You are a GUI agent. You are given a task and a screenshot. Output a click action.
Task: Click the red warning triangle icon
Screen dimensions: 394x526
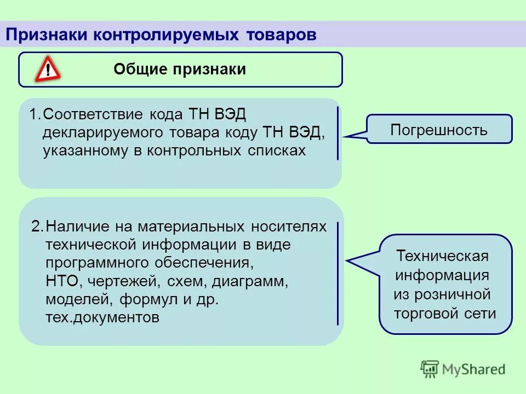(x=48, y=70)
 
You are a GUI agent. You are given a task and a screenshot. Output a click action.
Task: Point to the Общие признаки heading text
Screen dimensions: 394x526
(x=180, y=69)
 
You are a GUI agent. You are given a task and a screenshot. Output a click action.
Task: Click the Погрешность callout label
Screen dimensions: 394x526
(x=439, y=130)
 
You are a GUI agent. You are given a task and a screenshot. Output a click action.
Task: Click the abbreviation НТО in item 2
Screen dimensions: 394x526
(x=63, y=281)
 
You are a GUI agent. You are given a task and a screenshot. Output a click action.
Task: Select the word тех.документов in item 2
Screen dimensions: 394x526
(x=102, y=318)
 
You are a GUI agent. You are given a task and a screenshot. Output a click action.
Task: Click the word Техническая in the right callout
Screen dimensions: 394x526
(x=442, y=257)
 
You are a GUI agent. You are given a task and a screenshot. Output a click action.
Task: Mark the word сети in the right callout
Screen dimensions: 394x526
(x=483, y=314)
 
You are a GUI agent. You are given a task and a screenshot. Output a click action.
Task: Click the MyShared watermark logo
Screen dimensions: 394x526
(x=463, y=369)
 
